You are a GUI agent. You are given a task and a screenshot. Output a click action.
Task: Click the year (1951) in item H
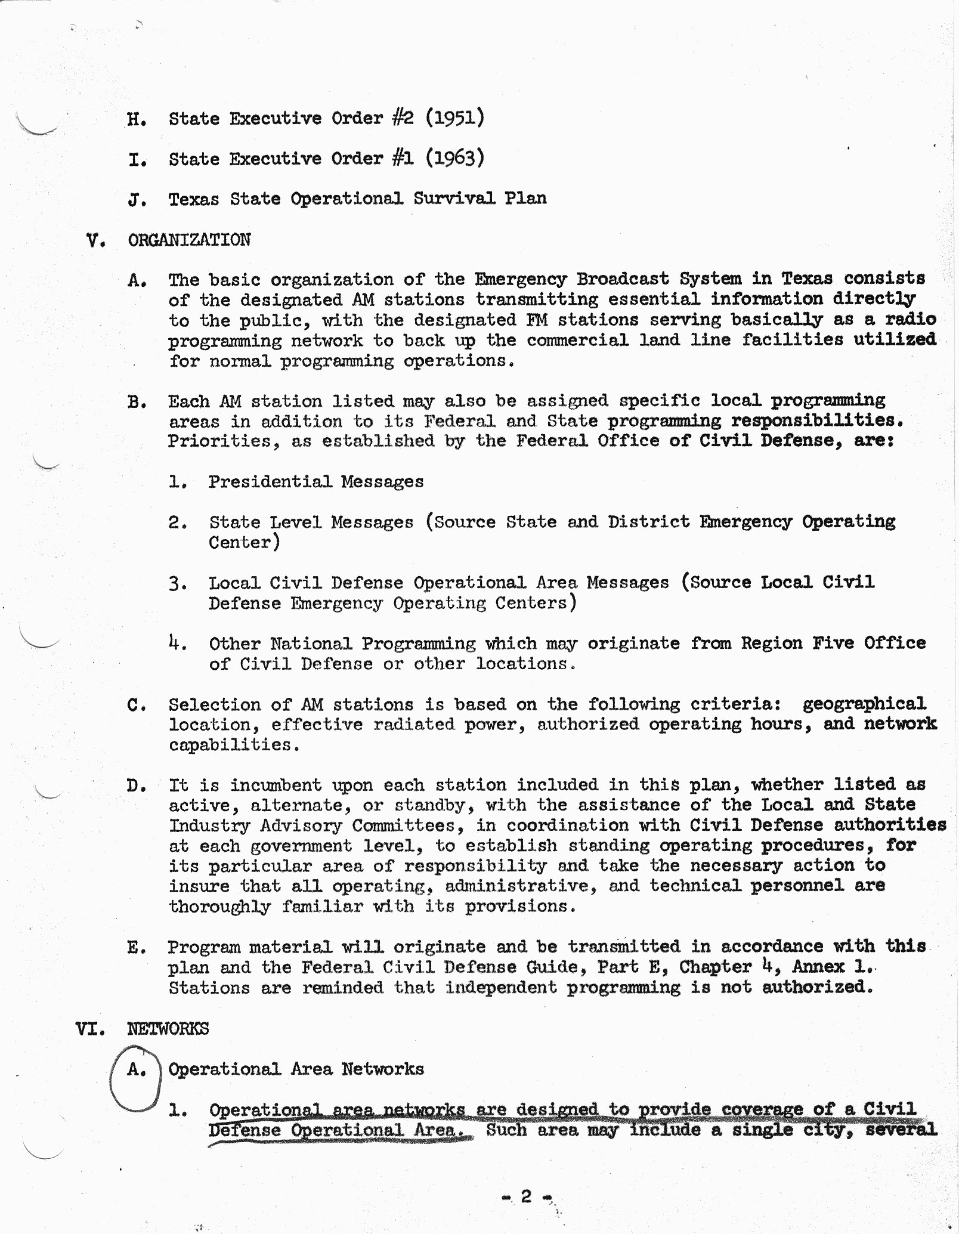click(x=454, y=117)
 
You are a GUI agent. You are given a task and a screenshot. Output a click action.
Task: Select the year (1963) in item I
click(x=454, y=158)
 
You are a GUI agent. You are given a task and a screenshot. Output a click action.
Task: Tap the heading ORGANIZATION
click(x=189, y=240)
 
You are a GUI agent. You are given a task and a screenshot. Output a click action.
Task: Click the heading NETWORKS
click(x=168, y=1029)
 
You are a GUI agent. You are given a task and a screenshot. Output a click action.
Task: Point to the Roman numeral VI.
click(x=89, y=1029)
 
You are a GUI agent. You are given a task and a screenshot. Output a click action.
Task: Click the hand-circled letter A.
click(x=136, y=1070)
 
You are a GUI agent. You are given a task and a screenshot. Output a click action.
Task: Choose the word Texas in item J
click(x=194, y=199)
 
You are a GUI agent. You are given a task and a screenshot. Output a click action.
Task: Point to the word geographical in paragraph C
click(x=864, y=704)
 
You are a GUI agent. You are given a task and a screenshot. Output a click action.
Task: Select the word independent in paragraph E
click(x=499, y=987)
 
